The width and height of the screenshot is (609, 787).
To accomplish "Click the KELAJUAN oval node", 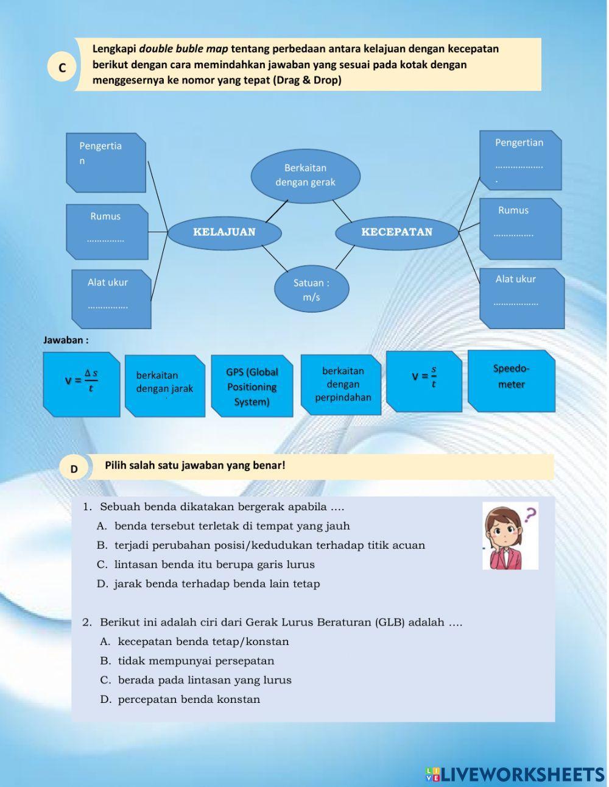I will coord(224,232).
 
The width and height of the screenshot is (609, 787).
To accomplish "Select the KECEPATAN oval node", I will coord(396,232).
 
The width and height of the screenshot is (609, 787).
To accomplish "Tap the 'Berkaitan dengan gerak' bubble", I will coord(305,175).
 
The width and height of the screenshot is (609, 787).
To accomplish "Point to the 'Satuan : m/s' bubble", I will coord(311,290).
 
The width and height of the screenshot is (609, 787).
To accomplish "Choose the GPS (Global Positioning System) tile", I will coord(252,386).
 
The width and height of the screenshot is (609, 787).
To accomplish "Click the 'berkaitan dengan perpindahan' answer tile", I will coord(342,384).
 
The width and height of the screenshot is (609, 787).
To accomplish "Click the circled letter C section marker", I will coord(62,68).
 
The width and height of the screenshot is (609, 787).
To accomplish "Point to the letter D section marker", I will coord(74,469).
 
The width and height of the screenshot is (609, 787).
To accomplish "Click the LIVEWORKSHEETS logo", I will coord(515,774).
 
